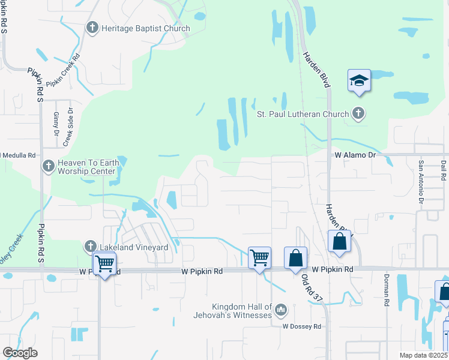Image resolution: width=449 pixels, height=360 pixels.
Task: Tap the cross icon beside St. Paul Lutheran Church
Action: [x=358, y=113]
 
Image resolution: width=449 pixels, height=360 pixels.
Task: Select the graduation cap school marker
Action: [x=359, y=80]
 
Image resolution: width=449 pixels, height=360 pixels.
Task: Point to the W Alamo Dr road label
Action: [x=354, y=155]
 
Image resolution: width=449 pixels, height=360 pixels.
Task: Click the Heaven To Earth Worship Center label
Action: [x=86, y=167]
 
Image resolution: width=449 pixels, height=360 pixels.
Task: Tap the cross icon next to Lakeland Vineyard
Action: [x=91, y=246]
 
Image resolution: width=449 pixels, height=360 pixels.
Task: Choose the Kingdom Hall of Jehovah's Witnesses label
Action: [x=233, y=310]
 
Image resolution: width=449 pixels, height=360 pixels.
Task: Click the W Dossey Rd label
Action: [x=303, y=326]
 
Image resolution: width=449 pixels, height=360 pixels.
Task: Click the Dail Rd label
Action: [x=443, y=170]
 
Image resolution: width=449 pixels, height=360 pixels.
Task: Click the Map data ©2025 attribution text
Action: [x=424, y=355]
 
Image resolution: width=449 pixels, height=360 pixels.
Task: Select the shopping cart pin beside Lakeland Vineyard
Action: [x=104, y=263]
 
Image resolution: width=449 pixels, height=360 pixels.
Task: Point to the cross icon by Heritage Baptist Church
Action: [x=92, y=28]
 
